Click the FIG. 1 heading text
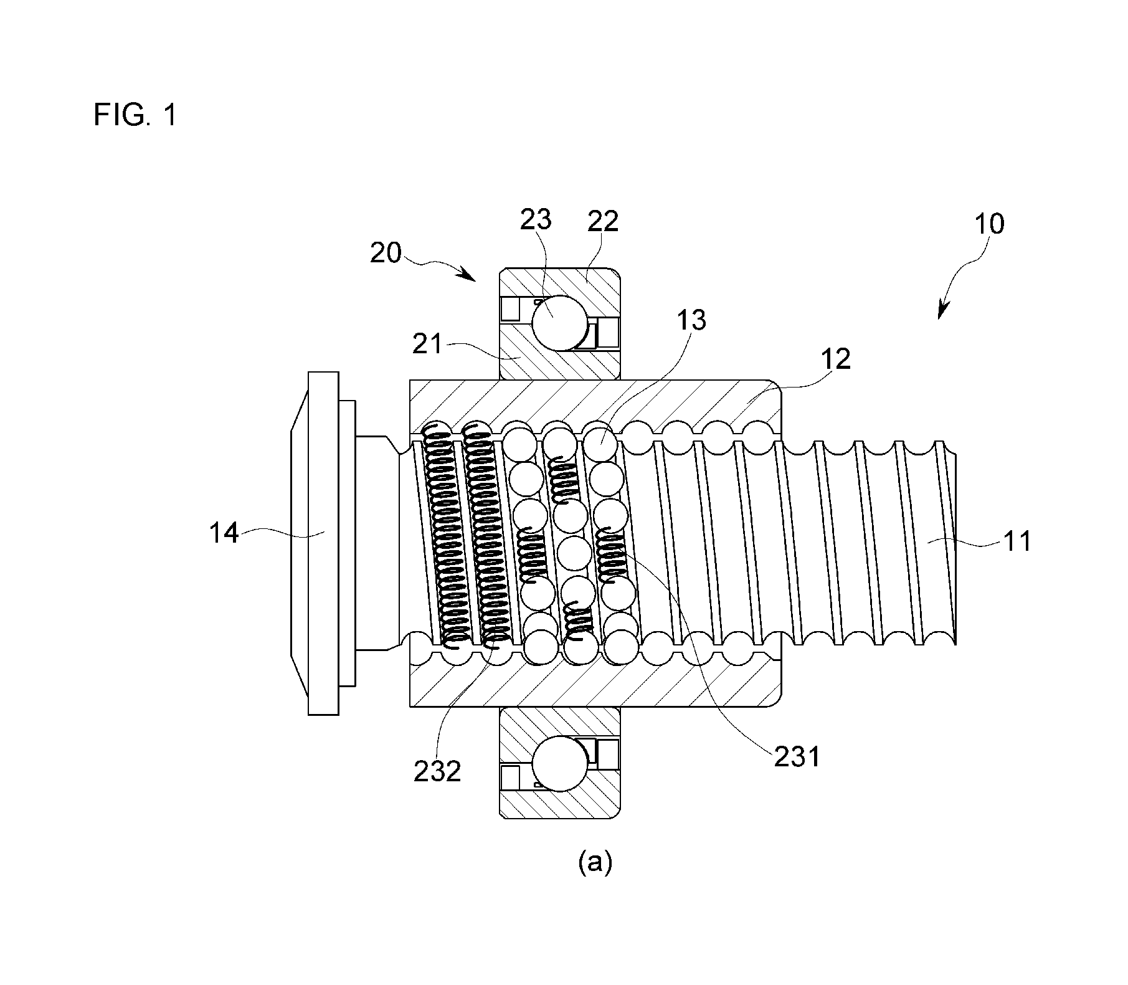[135, 115]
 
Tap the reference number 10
[988, 224]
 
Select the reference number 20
[386, 253]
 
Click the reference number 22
[602, 221]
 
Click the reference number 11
[1017, 541]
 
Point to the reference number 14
[224, 533]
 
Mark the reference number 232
[438, 771]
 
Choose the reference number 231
[797, 757]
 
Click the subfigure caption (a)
[595, 863]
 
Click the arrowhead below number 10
[942, 310]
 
